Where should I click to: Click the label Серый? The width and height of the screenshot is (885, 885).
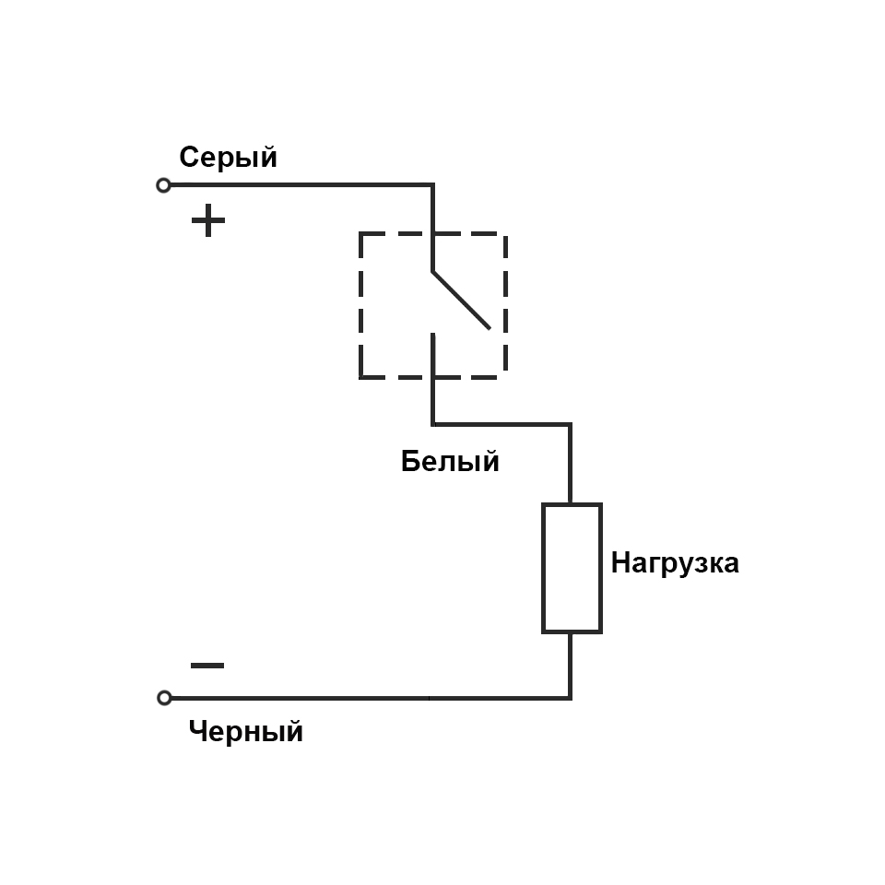click(228, 158)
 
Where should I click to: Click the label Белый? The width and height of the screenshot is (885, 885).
click(450, 461)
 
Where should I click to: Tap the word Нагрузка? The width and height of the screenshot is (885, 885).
click(675, 562)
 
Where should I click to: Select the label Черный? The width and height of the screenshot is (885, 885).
click(245, 732)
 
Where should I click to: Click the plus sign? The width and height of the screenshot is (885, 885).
click(208, 221)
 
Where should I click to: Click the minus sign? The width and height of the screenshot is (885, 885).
click(207, 665)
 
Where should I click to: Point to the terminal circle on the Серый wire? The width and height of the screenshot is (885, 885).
click(164, 185)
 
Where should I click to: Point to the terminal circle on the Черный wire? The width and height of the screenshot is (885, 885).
click(164, 698)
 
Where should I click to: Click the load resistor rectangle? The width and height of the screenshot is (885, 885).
click(572, 568)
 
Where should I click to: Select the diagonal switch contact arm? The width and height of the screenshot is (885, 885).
click(460, 300)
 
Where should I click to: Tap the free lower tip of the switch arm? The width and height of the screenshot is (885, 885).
click(489, 327)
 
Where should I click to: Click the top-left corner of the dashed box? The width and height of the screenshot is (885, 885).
click(360, 234)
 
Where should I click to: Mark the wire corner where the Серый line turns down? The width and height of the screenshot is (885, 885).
click(432, 185)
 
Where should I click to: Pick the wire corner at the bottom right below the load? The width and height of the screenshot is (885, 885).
click(571, 698)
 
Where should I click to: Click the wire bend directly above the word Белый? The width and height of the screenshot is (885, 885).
click(432, 424)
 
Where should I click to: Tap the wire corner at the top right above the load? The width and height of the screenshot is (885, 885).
click(571, 424)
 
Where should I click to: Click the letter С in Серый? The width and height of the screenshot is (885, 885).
click(188, 158)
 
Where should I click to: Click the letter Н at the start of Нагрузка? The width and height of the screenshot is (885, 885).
click(620, 562)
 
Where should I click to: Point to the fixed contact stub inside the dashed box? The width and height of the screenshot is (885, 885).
click(432, 355)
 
